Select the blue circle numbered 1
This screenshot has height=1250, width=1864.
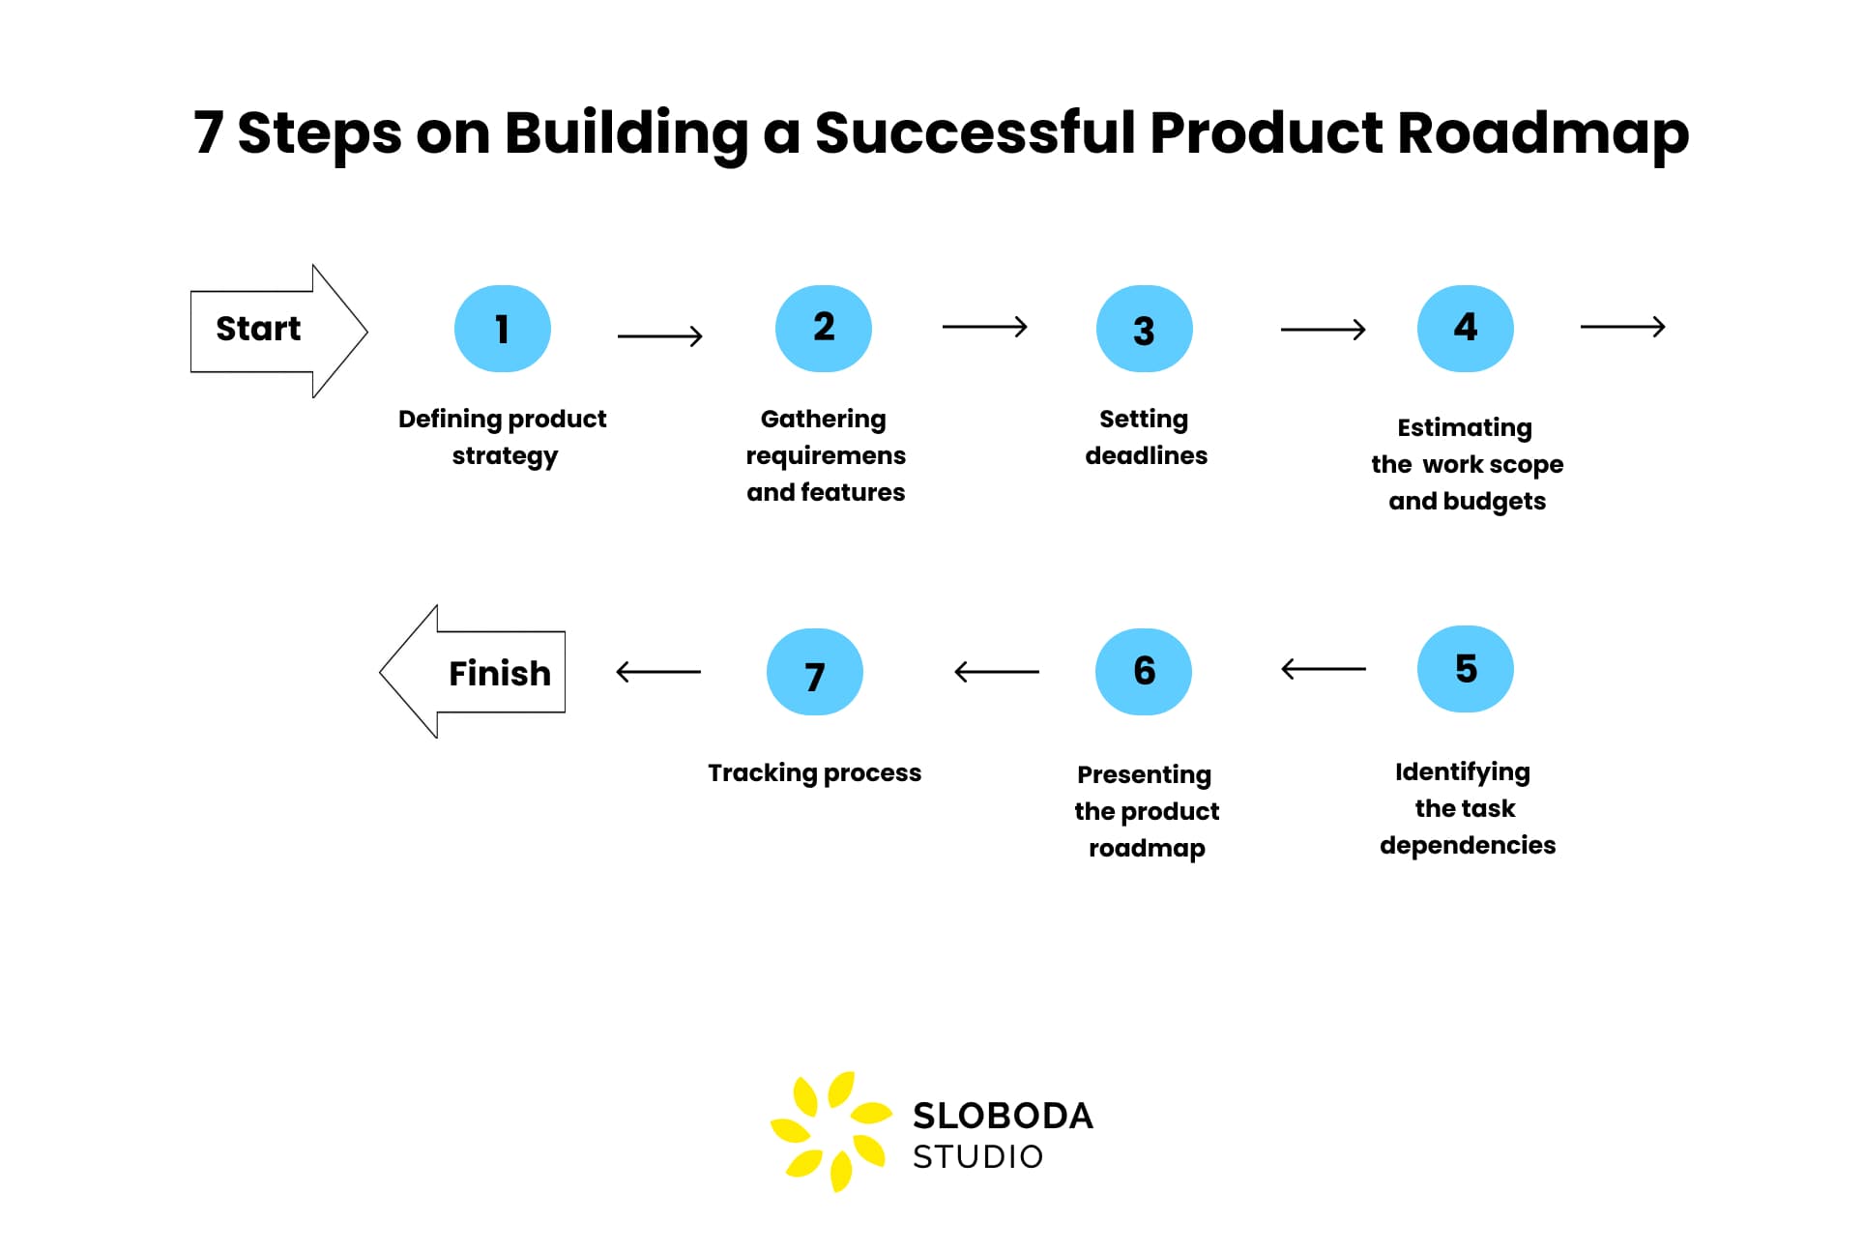(x=502, y=329)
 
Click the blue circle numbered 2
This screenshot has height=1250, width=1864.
(x=823, y=329)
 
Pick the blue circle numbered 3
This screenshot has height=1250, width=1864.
(x=1144, y=329)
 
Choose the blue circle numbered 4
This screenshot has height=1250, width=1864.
(x=1465, y=329)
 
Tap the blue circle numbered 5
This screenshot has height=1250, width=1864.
(x=1465, y=669)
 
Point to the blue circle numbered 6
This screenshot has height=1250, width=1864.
(x=1144, y=672)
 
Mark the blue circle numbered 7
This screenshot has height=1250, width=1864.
(x=814, y=672)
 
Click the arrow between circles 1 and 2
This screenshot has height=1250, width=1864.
(x=660, y=336)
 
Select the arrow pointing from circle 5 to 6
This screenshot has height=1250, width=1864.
(x=1323, y=669)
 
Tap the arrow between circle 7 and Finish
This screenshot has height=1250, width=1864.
(x=658, y=672)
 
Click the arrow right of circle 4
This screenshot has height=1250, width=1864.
(x=1622, y=327)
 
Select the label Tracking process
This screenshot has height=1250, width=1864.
(x=814, y=772)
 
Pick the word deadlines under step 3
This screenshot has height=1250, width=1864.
(x=1146, y=455)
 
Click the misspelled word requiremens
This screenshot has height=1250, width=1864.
(x=826, y=455)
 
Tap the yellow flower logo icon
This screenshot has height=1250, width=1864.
(x=830, y=1130)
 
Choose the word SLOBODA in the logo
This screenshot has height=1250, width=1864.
(x=1003, y=1116)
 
